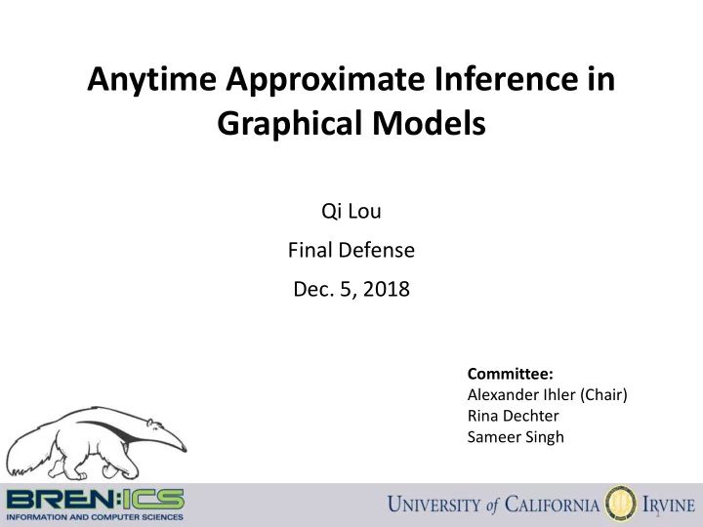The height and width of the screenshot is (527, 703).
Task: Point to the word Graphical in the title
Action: [x=284, y=125]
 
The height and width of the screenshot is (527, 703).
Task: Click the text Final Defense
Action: [x=351, y=251]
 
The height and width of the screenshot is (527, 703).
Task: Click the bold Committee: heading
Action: [x=510, y=374]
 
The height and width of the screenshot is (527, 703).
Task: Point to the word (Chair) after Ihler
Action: [x=604, y=394]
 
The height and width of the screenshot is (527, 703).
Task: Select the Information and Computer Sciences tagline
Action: [x=94, y=516]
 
